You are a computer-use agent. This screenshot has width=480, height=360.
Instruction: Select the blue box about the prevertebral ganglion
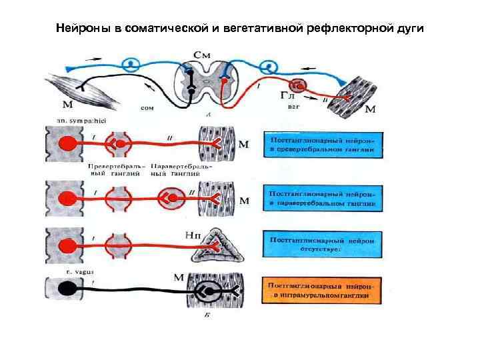[x=326, y=147]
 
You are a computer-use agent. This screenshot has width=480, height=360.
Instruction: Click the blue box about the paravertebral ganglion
[x=326, y=199]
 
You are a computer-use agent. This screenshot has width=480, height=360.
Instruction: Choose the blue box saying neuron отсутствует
[x=326, y=243]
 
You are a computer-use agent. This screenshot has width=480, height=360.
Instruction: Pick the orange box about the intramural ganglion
[x=326, y=290]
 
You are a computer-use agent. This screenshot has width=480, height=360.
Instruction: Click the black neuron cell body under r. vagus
[x=66, y=289]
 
